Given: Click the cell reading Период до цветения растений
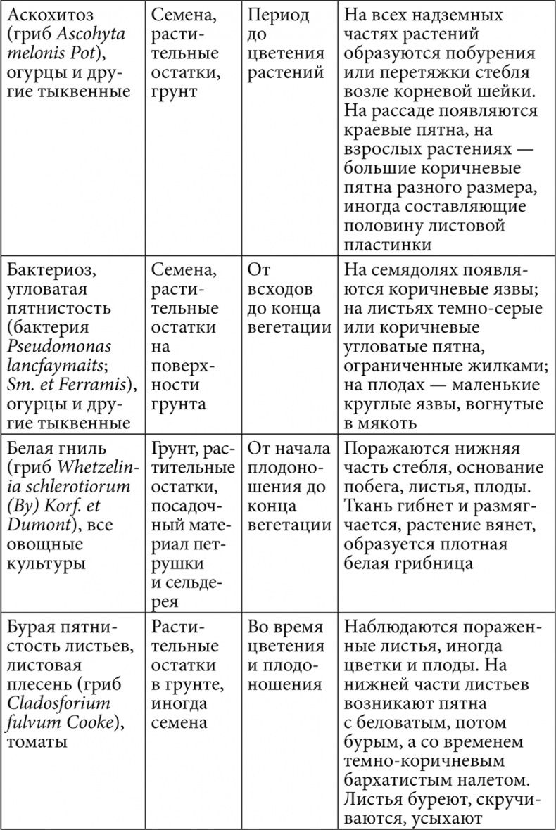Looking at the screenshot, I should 286,44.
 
